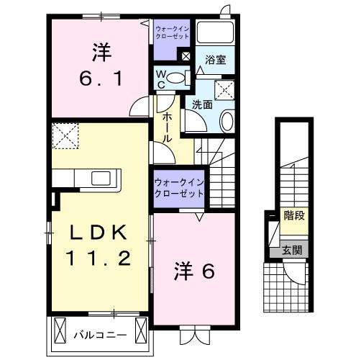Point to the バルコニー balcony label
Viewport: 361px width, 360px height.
click(x=100, y=335)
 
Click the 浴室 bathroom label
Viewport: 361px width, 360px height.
click(x=215, y=60)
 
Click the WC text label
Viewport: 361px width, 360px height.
click(x=160, y=77)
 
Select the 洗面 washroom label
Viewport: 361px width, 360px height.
click(x=201, y=105)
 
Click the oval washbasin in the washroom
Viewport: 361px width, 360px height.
click(x=227, y=121)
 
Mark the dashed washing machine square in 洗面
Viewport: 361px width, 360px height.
click(x=226, y=89)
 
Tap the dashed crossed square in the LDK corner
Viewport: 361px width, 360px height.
click(x=66, y=135)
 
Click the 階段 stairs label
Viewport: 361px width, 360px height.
click(x=293, y=215)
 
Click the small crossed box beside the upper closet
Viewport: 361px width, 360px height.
click(x=186, y=55)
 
